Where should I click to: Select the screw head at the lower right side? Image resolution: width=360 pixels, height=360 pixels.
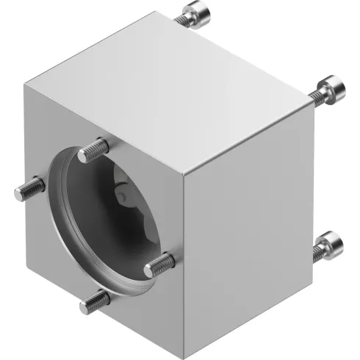click(330, 243)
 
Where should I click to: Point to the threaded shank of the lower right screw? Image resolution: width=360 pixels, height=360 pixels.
click(317, 253)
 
